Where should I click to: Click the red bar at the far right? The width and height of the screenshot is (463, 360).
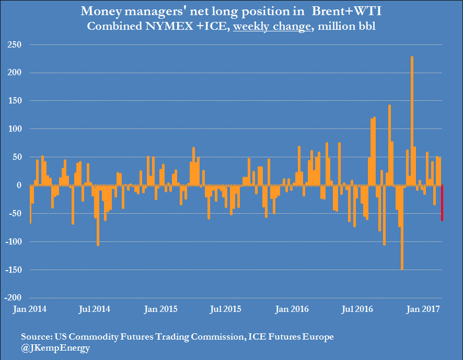pos(442,203)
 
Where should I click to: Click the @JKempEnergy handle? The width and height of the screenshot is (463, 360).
pos(55,347)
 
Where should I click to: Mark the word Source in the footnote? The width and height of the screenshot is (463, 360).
pos(35,336)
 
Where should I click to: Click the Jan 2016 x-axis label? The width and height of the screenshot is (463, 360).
pos(292,309)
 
